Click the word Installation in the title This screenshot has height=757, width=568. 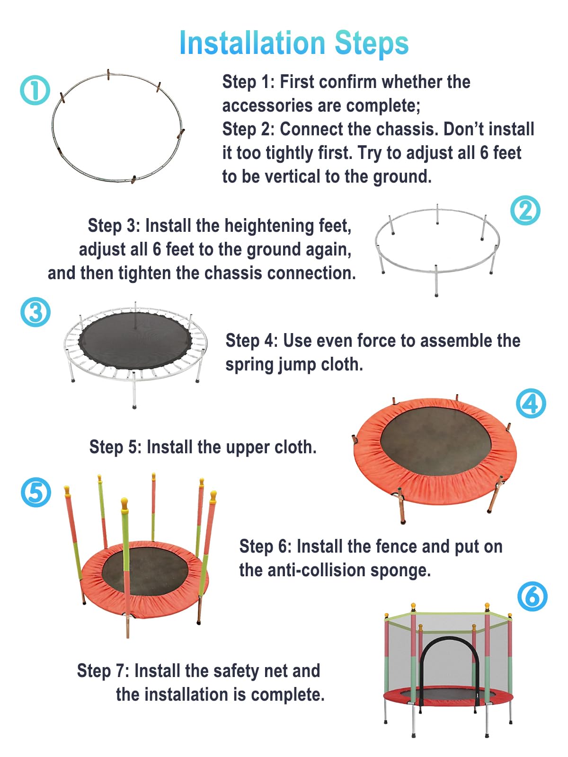252,43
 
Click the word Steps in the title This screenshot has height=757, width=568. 372,44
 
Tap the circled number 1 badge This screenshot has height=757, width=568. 35,90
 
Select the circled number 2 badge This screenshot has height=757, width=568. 525,211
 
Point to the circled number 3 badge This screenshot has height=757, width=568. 35,312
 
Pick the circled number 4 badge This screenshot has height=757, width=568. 531,403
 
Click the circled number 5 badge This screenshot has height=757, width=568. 36,492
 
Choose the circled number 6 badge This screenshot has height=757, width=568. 532,597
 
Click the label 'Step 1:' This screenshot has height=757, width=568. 248,82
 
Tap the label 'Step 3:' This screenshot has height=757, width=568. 114,226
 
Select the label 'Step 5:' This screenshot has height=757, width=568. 115,447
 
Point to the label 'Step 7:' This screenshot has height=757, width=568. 103,671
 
